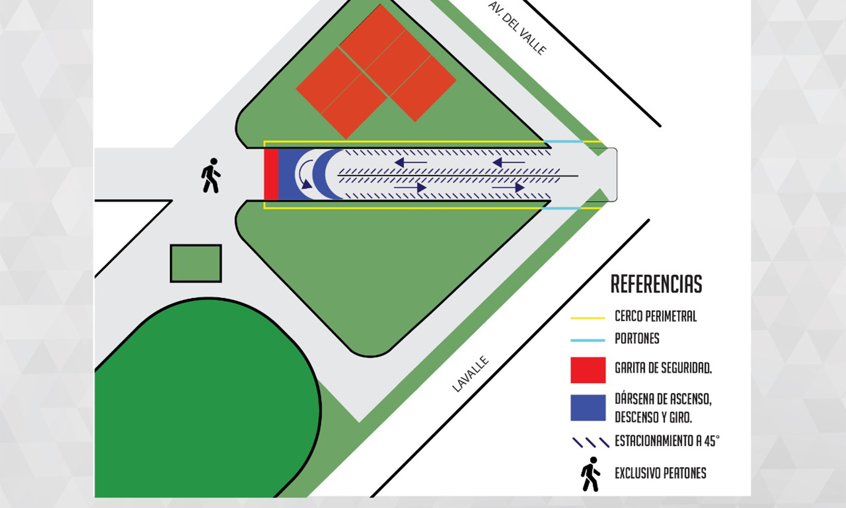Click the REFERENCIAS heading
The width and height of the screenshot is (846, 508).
coord(656,284)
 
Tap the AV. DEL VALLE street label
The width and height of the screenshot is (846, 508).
coord(517,28)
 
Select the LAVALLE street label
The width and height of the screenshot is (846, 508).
coord(470,374)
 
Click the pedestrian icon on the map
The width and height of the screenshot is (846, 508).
coord(210,175)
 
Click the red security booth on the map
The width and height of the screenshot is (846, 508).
coord(271,174)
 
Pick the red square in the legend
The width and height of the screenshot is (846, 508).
coord(588,370)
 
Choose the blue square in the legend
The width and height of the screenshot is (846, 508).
coord(588,408)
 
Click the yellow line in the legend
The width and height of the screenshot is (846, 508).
coord(587,318)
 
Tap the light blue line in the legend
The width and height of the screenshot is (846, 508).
coord(587,341)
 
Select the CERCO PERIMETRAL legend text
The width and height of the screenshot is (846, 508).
coord(655,316)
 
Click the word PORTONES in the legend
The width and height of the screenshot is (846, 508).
coord(637,339)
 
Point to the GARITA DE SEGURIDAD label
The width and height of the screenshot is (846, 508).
coord(663,368)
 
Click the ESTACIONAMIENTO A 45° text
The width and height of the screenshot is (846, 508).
coord(667,441)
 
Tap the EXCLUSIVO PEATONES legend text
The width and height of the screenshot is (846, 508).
coord(660,473)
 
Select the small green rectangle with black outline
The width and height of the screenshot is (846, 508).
coord(196,263)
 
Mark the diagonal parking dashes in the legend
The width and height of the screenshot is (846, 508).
coord(591,442)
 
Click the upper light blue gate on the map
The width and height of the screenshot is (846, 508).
coord(563,141)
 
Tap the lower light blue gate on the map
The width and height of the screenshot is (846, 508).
coord(561,208)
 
